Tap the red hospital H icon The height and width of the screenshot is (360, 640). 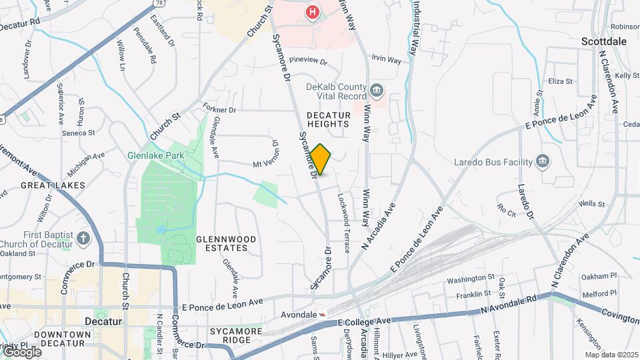312,12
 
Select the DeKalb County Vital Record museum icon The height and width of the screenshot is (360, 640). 377,89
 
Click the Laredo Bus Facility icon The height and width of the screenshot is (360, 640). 543,161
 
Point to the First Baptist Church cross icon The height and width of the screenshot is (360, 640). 83,238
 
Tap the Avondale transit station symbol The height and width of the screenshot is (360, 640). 323,314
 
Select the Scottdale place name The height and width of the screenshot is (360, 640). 603,41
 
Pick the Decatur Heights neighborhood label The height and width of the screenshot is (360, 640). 328,119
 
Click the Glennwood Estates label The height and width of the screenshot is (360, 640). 222,243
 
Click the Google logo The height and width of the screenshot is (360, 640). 21,351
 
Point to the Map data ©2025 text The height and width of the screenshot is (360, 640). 611,355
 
